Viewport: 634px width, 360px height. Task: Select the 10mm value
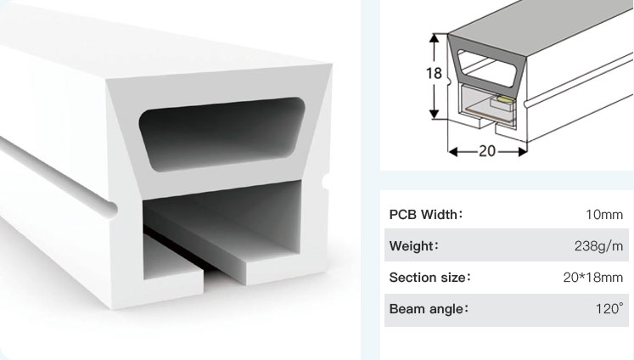point(604,216)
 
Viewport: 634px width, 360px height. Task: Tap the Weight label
point(413,246)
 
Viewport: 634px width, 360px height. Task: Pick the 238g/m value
point(599,246)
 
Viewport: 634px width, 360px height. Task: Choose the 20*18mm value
point(593,278)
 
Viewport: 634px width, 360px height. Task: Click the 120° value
point(609,309)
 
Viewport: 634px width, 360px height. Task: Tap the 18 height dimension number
point(433,73)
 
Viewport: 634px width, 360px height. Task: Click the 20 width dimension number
point(486,151)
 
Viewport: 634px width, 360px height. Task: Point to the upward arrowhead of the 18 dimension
point(435,37)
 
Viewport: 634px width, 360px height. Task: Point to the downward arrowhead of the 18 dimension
point(435,114)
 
